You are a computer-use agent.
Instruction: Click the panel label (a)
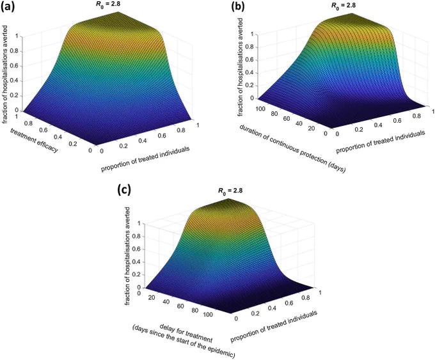tap(8, 6)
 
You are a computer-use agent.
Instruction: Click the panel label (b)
tap(238, 6)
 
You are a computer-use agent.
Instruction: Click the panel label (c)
tap(123, 190)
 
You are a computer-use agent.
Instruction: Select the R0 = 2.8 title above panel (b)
tap(343, 5)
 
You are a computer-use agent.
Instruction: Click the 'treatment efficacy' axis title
tap(35, 140)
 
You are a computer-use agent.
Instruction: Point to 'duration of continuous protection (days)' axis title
tap(292, 149)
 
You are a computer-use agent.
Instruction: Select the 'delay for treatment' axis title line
tap(186, 333)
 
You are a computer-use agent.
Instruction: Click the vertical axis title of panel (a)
tap(5, 74)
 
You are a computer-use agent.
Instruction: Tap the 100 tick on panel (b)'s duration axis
tap(260, 109)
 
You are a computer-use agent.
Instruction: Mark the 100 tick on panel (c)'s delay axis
tap(208, 315)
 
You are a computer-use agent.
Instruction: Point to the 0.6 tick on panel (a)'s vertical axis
tap(15, 66)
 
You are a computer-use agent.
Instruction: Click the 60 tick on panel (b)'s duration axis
tap(286, 119)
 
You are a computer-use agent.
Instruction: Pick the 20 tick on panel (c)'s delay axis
tap(152, 297)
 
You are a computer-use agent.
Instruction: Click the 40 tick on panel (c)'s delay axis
tap(166, 302)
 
